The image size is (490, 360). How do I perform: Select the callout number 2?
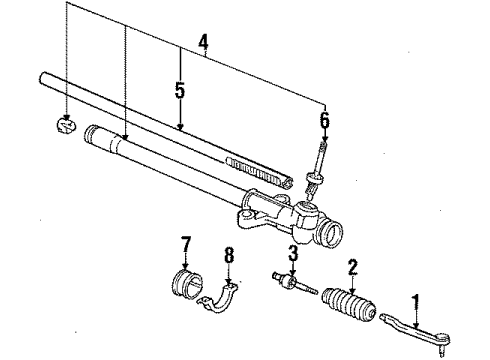tap(353, 268)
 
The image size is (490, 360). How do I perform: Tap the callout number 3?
tap(293, 253)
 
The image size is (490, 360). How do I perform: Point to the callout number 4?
tap(203, 43)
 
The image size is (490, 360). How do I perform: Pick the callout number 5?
tap(180, 90)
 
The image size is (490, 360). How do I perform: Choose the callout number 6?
tap(325, 120)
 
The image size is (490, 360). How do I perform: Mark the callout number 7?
tap(185, 245)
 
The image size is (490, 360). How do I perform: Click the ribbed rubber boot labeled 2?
tap(349, 305)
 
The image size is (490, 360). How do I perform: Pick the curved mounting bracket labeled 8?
tap(219, 299)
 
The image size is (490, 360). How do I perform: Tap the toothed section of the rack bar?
tap(258, 170)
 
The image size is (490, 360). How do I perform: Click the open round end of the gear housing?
tap(331, 233)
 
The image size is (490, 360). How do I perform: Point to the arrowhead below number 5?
tap(180, 127)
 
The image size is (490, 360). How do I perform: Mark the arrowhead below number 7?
tap(185, 265)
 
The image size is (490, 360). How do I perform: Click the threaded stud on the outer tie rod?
tap(442, 351)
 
